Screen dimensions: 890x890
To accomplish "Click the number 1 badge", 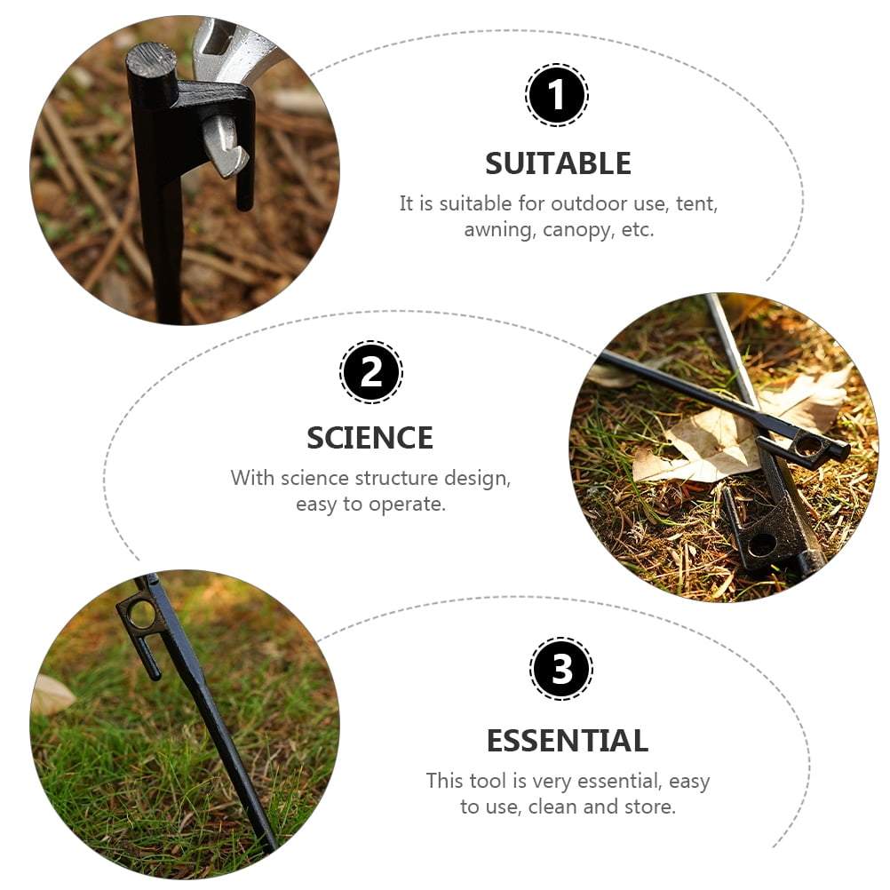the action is (x=556, y=95).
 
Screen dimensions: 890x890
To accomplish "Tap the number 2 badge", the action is (x=371, y=372).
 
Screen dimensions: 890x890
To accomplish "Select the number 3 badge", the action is (x=561, y=669).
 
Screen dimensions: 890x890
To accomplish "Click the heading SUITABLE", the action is (x=558, y=163).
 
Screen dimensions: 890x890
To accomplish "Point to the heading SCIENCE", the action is (x=370, y=438).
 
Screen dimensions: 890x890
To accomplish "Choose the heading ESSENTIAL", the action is (x=568, y=741).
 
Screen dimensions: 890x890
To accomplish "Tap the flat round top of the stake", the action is (x=151, y=59).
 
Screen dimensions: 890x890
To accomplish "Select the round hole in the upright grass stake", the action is (x=141, y=615).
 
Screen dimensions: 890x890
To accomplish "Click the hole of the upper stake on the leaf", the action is (x=810, y=446).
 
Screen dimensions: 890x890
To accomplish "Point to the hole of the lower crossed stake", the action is (x=762, y=544).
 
